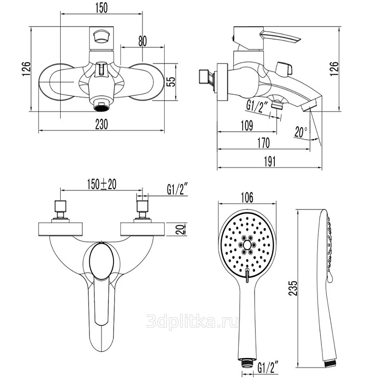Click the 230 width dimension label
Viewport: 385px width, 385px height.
click(x=100, y=124)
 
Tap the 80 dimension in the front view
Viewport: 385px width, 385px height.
click(x=142, y=41)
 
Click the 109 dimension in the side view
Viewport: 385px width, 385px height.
click(x=246, y=126)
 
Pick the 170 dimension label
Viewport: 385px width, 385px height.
click(x=263, y=143)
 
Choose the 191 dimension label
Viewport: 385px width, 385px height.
click(x=269, y=162)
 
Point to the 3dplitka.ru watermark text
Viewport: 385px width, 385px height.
click(x=192, y=321)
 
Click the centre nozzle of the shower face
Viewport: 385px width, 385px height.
click(x=247, y=244)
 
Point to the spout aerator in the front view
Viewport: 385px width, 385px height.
click(x=101, y=103)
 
